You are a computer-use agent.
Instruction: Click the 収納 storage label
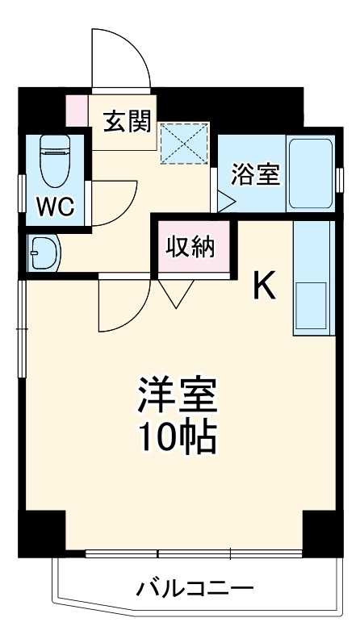pyautogui.click(x=191, y=246)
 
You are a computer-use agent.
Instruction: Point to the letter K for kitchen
pyautogui.click(x=265, y=284)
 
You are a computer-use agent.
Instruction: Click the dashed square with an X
pyautogui.click(x=184, y=144)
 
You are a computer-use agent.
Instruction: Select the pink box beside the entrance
pyautogui.click(x=76, y=111)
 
